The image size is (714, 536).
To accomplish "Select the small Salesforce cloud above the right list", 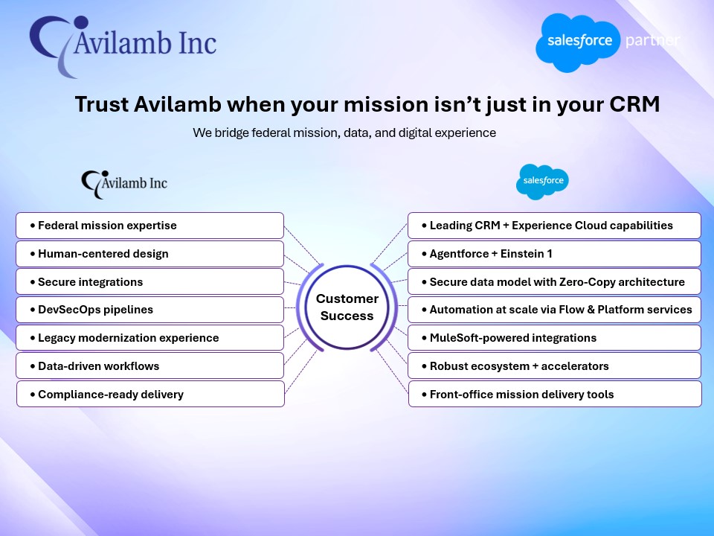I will (542, 181).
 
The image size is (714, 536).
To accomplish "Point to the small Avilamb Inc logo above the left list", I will (124, 182).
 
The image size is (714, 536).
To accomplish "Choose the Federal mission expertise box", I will (149, 226).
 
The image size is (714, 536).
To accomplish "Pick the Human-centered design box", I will (149, 254).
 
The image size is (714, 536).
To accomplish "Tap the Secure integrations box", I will (149, 282).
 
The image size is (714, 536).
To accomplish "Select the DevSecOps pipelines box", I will (149, 310).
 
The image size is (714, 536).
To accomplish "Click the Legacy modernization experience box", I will (149, 338).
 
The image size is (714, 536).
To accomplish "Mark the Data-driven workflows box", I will (149, 366).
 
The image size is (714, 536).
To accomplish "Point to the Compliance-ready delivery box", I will (149, 394).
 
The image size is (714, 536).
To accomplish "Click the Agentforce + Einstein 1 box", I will (554, 254).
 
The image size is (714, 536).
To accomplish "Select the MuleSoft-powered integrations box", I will (554, 338).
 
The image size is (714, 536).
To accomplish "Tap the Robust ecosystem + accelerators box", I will (554, 366).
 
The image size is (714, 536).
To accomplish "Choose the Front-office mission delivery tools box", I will (554, 394).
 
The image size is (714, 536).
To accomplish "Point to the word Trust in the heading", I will (102, 104).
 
